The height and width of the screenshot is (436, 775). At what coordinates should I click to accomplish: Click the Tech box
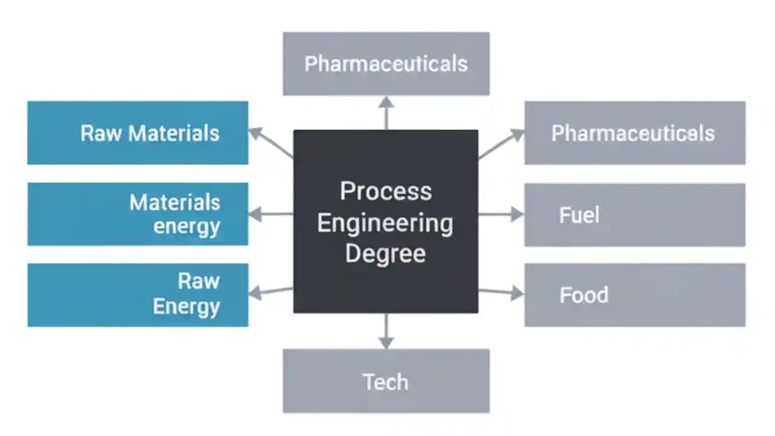386,381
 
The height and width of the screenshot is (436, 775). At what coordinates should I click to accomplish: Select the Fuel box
635,215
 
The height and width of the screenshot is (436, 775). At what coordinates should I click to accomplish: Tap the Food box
635,295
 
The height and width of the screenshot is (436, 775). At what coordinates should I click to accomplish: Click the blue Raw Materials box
138,133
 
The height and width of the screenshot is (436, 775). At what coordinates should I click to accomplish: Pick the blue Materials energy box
138,214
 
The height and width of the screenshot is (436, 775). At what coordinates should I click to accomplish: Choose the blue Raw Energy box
138,295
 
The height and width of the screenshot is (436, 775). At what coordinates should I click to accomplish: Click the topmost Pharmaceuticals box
386,64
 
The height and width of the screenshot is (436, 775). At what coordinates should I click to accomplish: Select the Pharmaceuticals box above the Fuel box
635,133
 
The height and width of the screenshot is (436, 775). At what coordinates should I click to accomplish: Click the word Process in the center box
386,191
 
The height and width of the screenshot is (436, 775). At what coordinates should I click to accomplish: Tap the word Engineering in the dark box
385,223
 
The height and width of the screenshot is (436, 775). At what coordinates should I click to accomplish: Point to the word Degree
385,253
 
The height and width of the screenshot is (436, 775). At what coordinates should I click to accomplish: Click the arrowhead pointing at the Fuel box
516,214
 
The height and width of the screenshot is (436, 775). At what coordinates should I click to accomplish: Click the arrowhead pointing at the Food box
516,294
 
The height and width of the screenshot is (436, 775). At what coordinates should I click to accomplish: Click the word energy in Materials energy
186,226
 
